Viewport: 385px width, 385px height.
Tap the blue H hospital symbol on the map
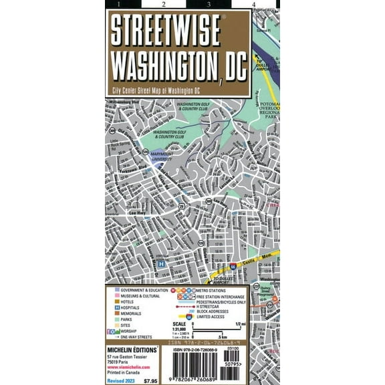click(160, 263)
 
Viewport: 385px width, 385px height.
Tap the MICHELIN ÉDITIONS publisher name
click(131, 350)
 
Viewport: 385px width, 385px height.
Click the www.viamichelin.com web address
click(127, 367)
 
